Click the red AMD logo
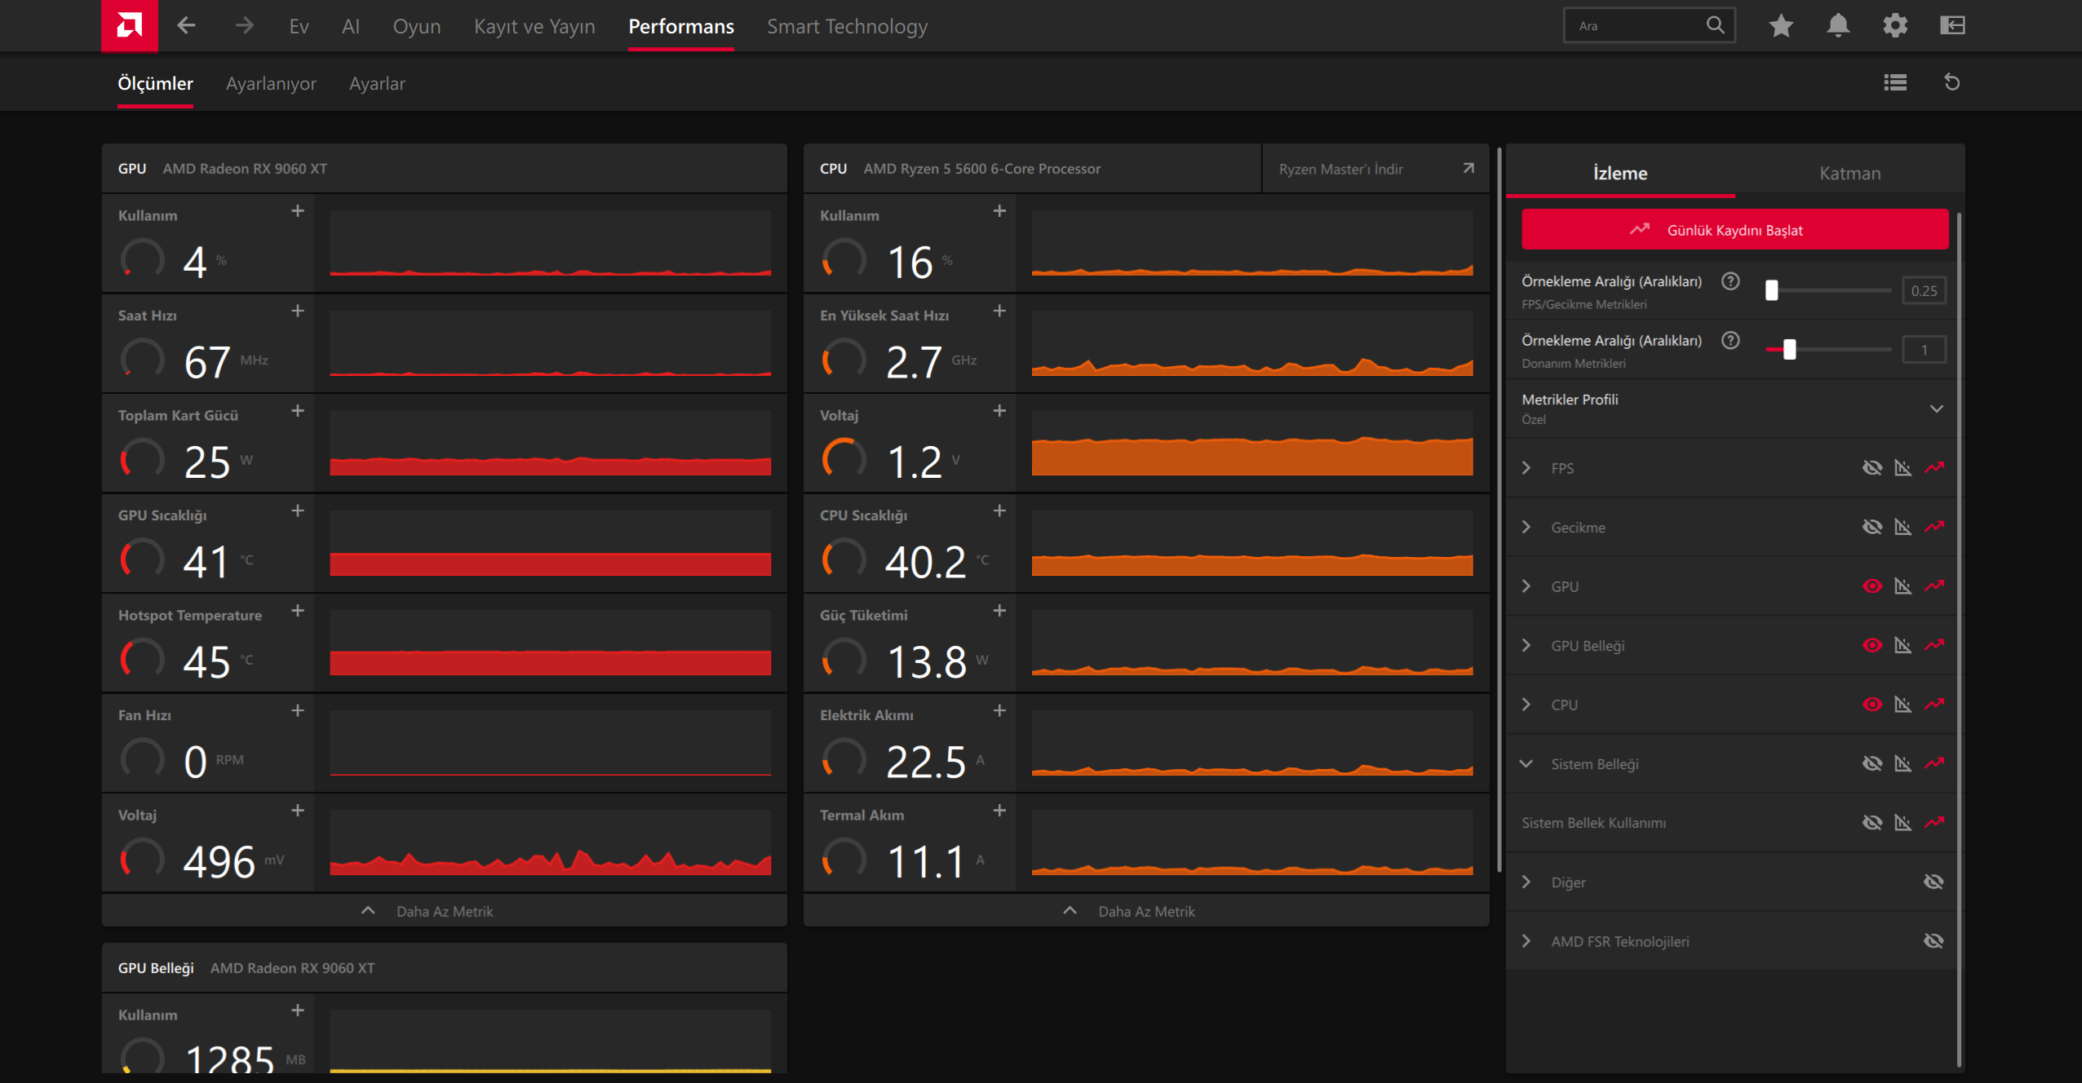[129, 25]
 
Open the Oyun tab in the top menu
[417, 26]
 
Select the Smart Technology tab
[847, 26]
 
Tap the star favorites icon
[1781, 25]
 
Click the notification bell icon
[1838, 25]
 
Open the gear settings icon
[1895, 25]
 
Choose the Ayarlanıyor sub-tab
[271, 83]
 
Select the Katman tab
[1849, 173]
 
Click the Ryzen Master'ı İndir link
[1340, 169]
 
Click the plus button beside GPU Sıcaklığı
[298, 511]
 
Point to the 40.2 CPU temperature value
[925, 561]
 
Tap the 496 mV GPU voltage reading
[219, 861]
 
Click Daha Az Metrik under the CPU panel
[1145, 911]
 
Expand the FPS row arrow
[1526, 468]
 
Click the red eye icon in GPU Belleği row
[1872, 645]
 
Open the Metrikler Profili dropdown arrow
[1936, 409]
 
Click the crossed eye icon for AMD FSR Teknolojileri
[1933, 941]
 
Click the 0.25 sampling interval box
[1924, 290]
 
